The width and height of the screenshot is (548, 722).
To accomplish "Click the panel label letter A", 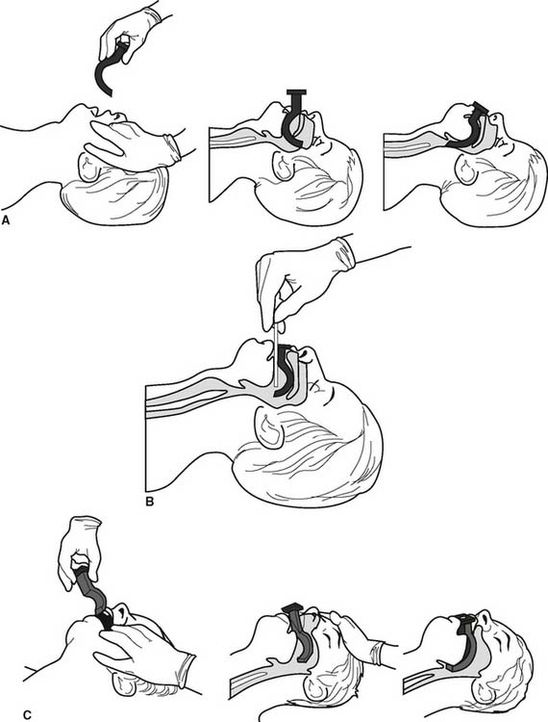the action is [x=6, y=220].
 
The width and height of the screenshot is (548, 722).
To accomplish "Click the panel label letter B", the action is [x=149, y=501].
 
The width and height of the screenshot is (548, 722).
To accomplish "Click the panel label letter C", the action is [x=27, y=714].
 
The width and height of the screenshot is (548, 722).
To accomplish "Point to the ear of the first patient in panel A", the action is [x=89, y=167].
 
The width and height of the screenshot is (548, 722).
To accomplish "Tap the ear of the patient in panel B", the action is [x=269, y=428].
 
